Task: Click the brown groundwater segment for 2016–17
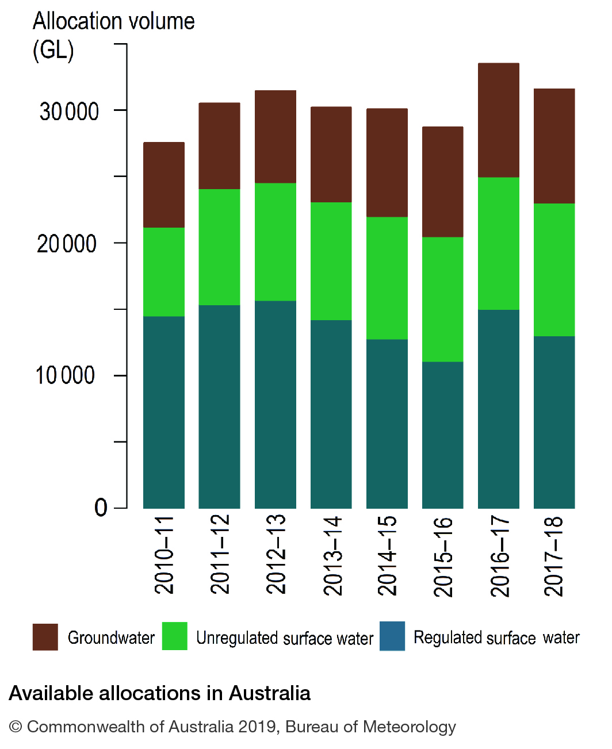(x=498, y=120)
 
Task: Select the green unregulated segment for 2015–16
(x=442, y=299)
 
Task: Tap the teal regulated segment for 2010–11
(x=164, y=412)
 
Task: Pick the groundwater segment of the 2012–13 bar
(x=275, y=137)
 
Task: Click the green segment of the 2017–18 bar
(x=554, y=270)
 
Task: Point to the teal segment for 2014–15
(x=387, y=424)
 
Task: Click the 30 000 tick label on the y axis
(x=69, y=112)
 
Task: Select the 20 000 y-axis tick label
(x=67, y=244)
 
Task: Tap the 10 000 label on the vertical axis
(x=66, y=376)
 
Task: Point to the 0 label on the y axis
(x=101, y=508)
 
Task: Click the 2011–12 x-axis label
(x=220, y=554)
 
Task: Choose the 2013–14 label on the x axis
(x=332, y=555)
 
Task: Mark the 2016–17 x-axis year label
(x=499, y=556)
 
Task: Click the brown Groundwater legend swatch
(x=45, y=637)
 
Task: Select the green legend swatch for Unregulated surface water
(x=174, y=636)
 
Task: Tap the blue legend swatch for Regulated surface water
(x=392, y=636)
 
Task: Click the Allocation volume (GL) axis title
(x=113, y=36)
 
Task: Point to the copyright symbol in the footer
(x=16, y=727)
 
